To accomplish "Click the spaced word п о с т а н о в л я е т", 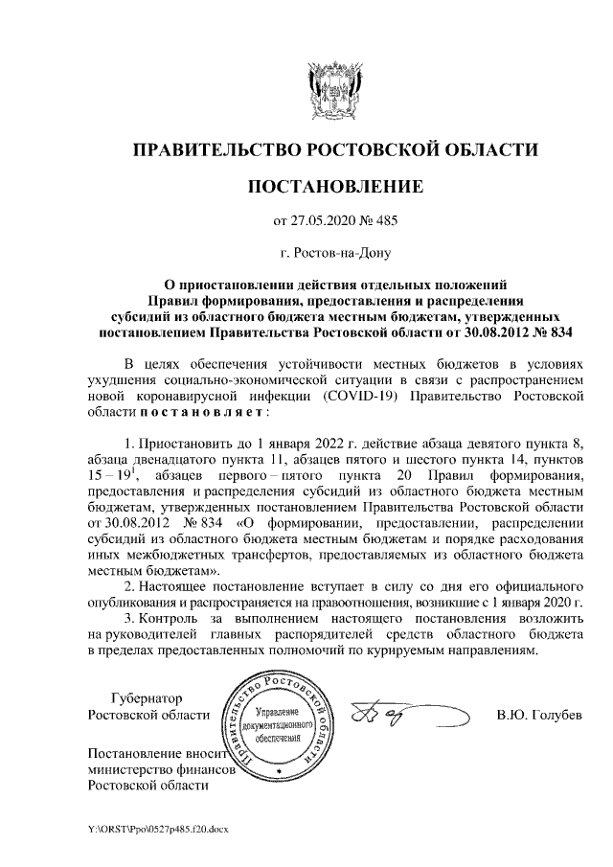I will point(186,411).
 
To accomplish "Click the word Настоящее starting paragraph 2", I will point(183,584).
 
